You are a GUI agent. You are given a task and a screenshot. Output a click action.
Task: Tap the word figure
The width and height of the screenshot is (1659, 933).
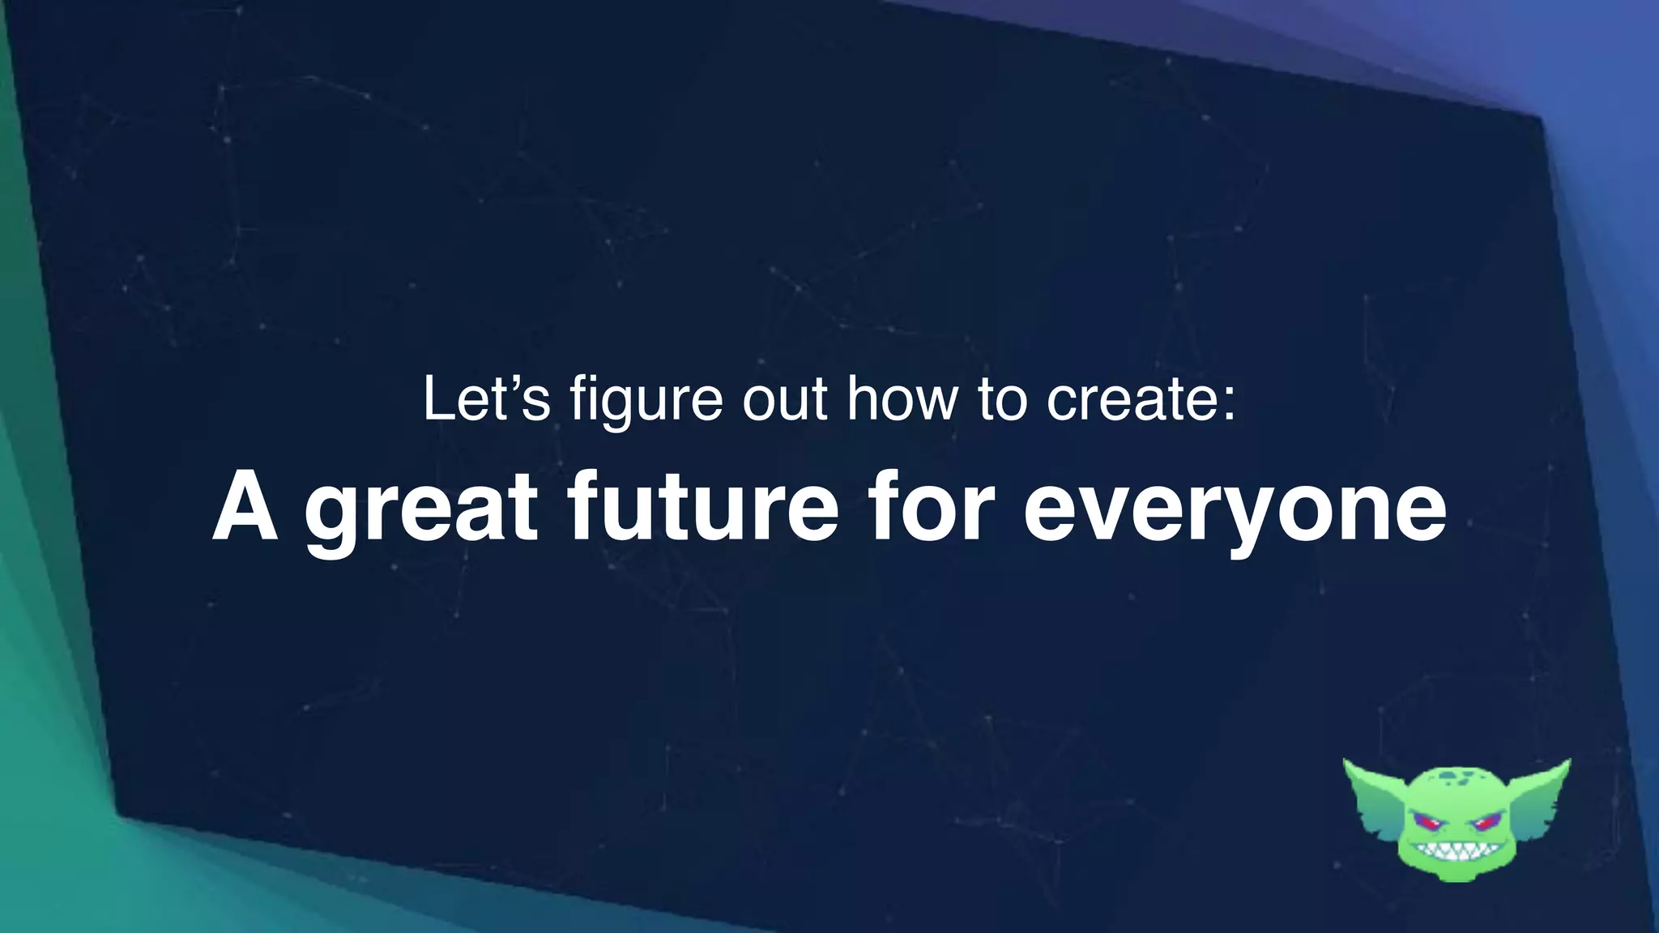coord(646,400)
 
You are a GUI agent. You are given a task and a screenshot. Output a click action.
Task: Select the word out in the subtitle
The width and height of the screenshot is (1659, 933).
coord(785,398)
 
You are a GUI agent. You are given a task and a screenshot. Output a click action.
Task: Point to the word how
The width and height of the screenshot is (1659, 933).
coord(902,398)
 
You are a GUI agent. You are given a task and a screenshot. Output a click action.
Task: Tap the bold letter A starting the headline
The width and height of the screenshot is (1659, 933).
coord(245,508)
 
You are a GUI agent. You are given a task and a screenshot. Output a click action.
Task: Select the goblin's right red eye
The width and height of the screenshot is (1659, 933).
coord(1484,823)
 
